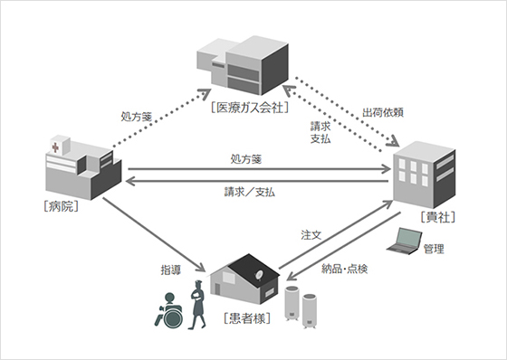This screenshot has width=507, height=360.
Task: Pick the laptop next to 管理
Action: pyautogui.click(x=403, y=240)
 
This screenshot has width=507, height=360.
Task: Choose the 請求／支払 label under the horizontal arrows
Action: pyautogui.click(x=250, y=193)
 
